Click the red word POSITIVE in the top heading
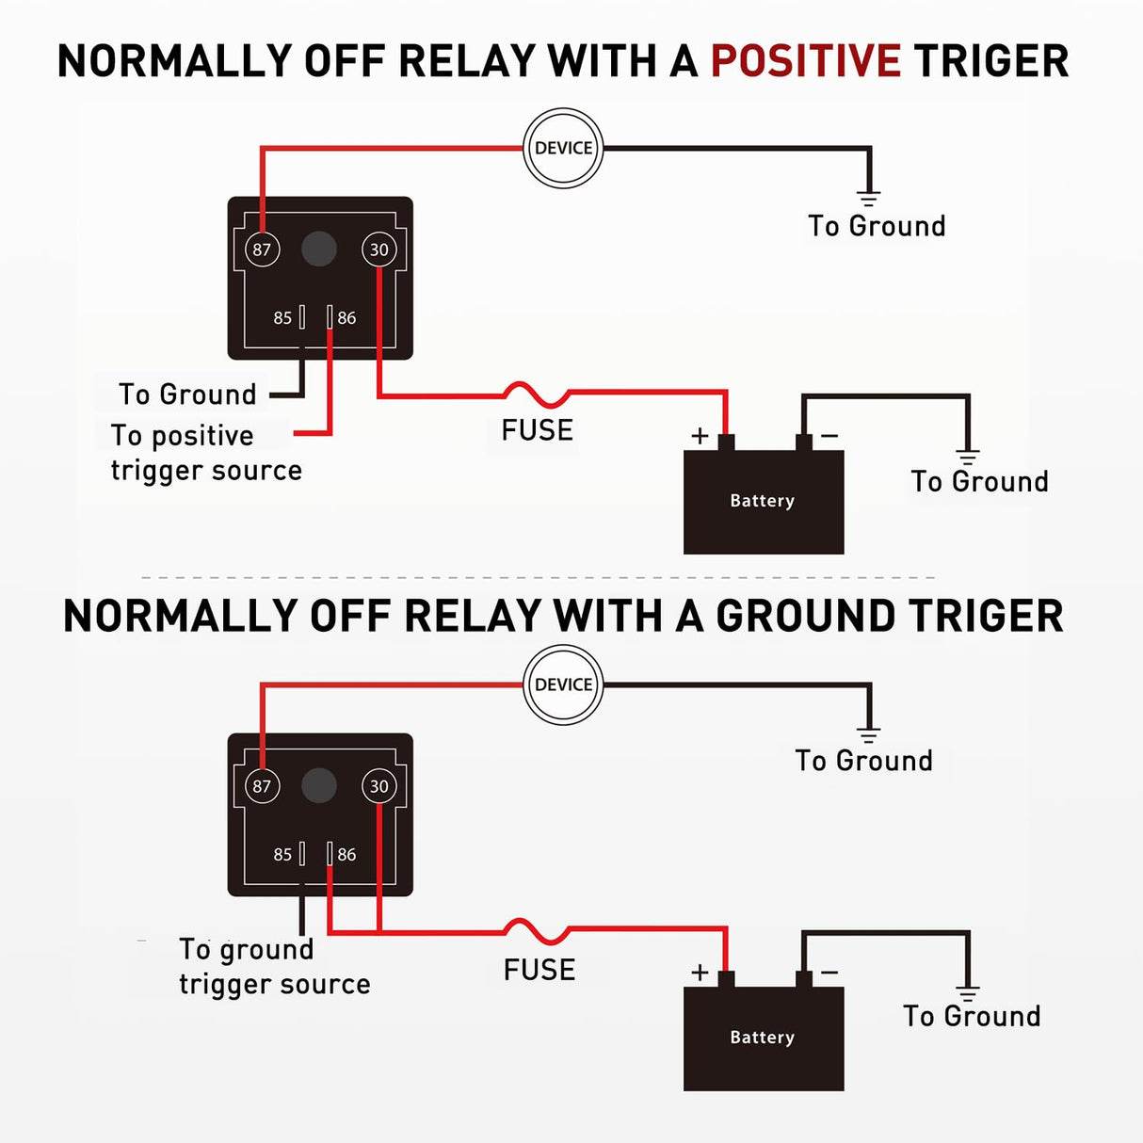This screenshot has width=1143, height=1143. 805,61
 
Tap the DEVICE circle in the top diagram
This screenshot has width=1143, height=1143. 563,148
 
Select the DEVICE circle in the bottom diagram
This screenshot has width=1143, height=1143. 563,684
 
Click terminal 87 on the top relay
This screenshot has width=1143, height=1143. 262,250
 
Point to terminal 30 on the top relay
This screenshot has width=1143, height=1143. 378,250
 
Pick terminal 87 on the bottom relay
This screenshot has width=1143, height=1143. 262,786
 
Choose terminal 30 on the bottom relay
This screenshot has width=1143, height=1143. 378,786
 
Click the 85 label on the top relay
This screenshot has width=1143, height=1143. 282,318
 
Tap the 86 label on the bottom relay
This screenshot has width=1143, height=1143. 346,855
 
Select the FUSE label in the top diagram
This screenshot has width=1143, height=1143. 537,430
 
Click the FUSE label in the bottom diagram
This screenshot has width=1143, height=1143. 539,970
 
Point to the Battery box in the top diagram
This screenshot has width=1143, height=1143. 763,501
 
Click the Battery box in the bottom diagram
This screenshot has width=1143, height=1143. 763,1038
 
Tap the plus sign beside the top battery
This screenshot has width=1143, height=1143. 700,435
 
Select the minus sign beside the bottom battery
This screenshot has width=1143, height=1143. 829,972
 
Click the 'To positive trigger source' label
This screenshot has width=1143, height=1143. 205,453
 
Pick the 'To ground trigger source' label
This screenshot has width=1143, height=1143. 273,967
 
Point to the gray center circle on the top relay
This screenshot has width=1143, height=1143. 319,250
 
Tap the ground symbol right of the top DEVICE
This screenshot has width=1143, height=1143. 868,198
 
